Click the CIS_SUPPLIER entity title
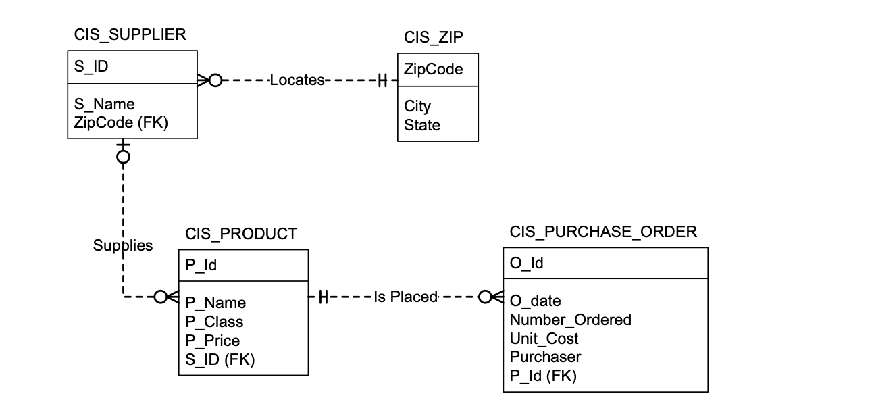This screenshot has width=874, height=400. (x=130, y=35)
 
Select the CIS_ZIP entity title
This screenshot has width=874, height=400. (x=433, y=37)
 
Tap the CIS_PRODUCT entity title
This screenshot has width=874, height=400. (x=240, y=234)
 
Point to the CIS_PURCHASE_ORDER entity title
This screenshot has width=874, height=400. (x=603, y=232)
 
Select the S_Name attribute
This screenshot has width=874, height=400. (x=104, y=104)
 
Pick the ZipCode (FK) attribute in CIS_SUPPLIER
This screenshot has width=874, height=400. (x=120, y=122)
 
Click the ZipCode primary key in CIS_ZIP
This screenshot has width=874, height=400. (x=433, y=69)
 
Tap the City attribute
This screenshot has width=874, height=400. (x=417, y=106)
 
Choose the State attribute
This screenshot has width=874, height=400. (x=422, y=125)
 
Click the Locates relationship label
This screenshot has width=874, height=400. (x=297, y=80)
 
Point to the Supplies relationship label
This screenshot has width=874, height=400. (x=122, y=245)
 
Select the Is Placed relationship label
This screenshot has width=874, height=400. (x=405, y=297)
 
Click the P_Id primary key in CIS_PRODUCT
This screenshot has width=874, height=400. (x=201, y=266)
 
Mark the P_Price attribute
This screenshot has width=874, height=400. (x=212, y=341)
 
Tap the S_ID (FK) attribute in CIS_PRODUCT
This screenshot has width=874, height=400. (x=220, y=359)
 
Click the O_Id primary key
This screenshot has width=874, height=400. (x=527, y=264)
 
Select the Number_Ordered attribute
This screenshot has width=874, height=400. (x=570, y=320)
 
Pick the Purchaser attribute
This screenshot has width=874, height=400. (x=545, y=357)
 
